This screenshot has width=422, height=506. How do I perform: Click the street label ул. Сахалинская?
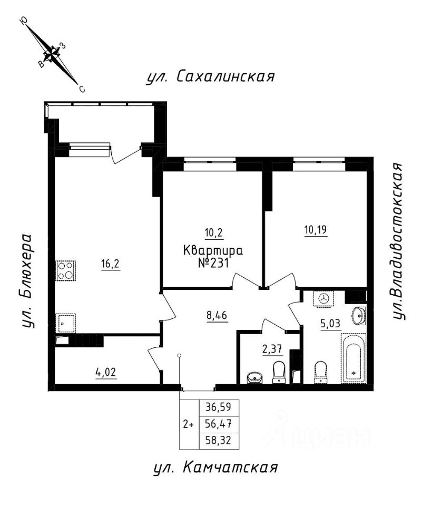(x=210, y=76)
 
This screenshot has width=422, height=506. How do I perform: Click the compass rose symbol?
(x=51, y=53)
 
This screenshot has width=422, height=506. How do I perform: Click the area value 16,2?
(x=111, y=264)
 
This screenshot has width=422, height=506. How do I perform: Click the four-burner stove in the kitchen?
(x=66, y=270)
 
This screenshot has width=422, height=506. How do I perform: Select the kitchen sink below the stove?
(x=66, y=322)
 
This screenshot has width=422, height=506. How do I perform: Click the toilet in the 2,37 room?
(x=279, y=372)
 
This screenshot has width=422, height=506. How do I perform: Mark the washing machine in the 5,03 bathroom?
(x=322, y=298)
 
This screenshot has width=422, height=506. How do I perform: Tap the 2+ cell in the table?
(x=189, y=424)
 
